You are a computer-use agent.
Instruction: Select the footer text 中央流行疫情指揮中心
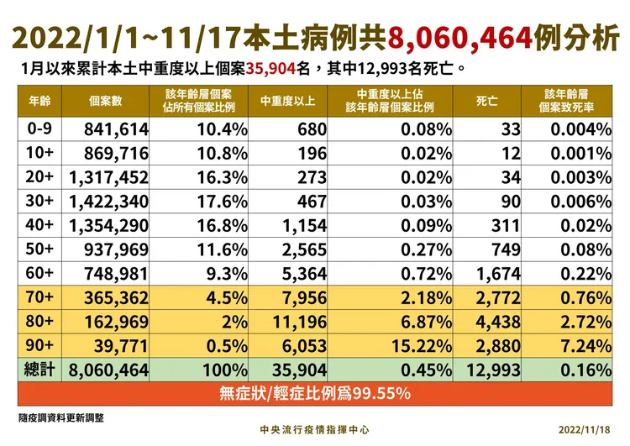(x=314, y=428)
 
